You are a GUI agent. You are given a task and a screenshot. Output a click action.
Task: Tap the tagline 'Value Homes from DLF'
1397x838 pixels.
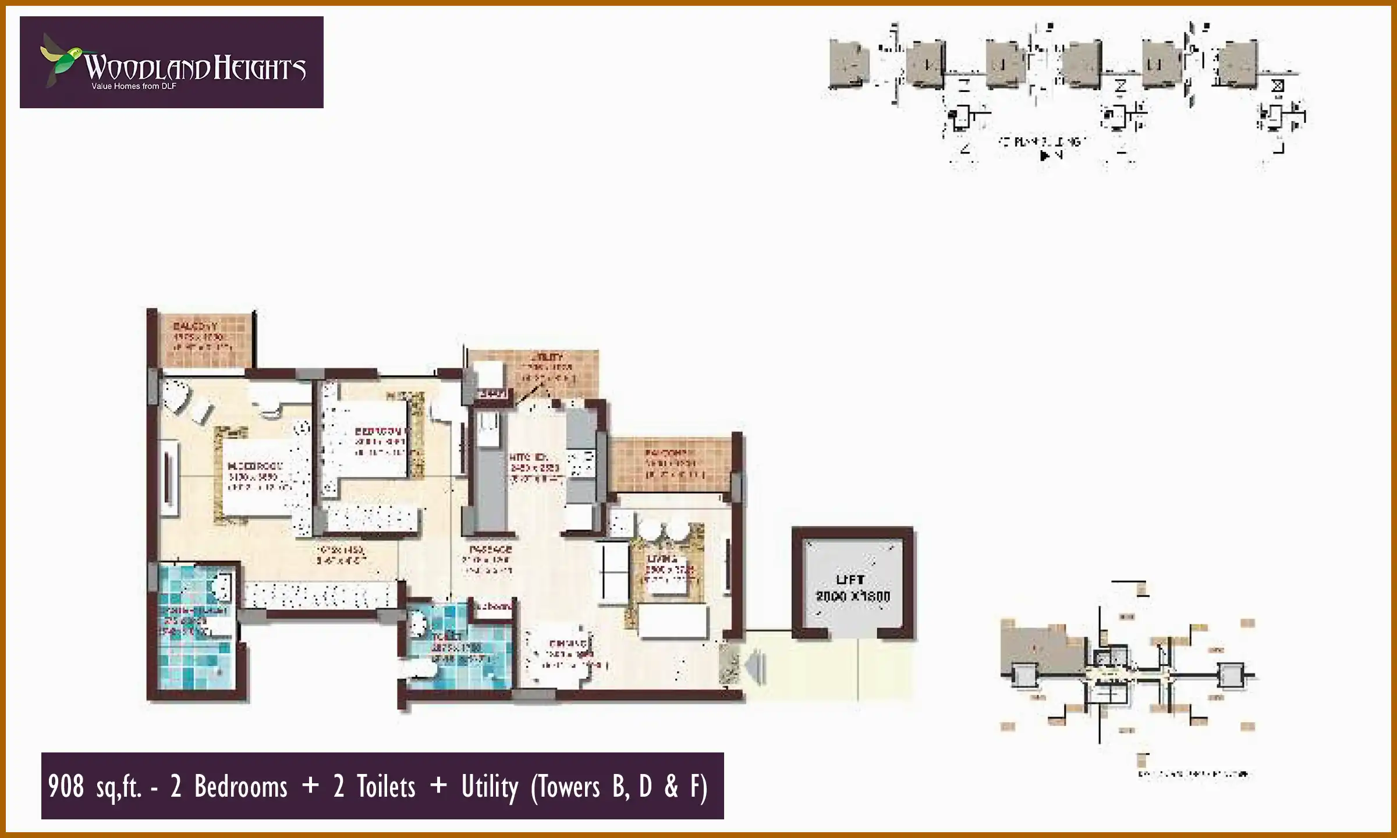[x=134, y=87]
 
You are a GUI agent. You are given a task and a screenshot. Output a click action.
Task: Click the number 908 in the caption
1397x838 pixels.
[x=66, y=787]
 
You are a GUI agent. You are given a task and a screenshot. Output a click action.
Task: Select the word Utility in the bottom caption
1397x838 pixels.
[x=490, y=787]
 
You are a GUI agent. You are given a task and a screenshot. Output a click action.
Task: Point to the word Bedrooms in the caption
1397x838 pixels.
[x=240, y=787]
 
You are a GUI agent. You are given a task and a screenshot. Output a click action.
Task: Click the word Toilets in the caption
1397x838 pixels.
[x=386, y=787]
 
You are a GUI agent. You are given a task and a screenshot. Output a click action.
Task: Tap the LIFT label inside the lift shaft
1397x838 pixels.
[x=850, y=580]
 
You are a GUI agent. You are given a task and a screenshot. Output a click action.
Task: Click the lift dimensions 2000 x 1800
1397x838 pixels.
[x=853, y=596]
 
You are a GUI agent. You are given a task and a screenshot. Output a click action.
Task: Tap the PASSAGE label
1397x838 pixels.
[x=490, y=549]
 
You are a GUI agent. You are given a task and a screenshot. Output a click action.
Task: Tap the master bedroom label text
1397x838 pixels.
[x=255, y=466]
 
